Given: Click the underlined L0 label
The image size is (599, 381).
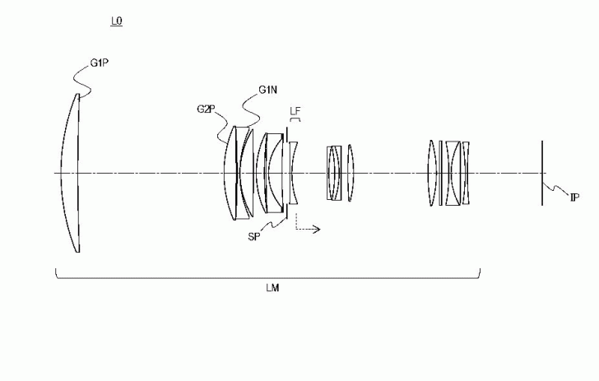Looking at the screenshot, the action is click(117, 21).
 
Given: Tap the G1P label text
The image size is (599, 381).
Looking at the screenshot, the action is click(100, 63).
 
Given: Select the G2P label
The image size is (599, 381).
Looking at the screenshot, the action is click(206, 109).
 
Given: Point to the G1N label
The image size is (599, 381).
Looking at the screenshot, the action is click(267, 91).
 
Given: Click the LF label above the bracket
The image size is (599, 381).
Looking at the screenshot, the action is click(295, 111).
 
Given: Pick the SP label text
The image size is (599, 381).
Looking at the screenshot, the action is click(254, 237).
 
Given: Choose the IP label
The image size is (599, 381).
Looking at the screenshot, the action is click(575, 197).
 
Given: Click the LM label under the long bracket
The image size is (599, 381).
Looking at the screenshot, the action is click(273, 288).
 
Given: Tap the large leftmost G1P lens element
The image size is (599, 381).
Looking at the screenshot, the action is click(70, 173).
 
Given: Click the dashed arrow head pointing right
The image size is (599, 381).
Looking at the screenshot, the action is click(317, 230).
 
